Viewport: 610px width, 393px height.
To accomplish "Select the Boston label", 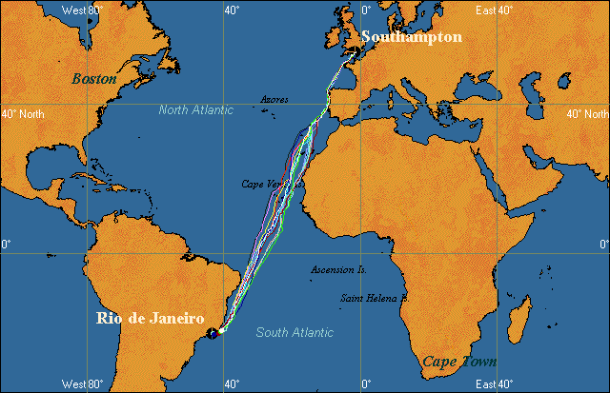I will point(94,79).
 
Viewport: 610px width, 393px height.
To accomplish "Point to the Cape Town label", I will point(459,362).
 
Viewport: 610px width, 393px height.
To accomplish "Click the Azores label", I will point(274,99).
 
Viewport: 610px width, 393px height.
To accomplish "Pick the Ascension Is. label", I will point(337,270).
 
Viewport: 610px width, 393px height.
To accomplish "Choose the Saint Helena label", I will point(374,299).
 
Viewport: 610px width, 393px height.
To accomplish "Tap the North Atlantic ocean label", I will point(195,110).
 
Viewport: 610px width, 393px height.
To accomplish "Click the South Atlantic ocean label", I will point(295,332).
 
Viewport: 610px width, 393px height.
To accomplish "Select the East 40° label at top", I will point(495,10).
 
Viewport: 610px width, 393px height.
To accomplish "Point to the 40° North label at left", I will point(23,113).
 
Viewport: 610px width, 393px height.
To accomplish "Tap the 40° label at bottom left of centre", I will point(231,383).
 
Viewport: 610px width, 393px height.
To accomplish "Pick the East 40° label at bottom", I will point(495,384).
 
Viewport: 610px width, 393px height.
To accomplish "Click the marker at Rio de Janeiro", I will point(218,331).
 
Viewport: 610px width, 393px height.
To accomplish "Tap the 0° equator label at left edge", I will point(7,245).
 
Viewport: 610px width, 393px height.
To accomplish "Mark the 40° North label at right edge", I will point(586,113).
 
